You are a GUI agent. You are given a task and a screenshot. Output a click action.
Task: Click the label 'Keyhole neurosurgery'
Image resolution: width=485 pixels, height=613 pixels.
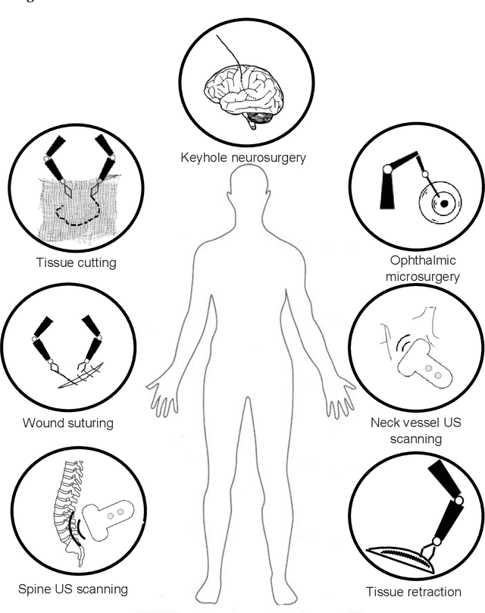(242, 158)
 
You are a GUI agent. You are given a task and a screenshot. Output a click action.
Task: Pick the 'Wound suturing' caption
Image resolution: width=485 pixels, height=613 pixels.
(67, 423)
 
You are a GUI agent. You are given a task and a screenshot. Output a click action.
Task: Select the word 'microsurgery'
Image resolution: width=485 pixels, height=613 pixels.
(422, 277)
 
